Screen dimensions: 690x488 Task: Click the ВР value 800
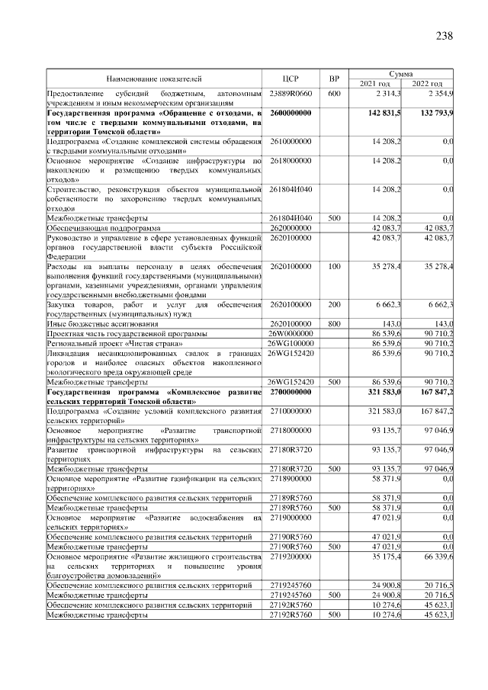coord(333,323)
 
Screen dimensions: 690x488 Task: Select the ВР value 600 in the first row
coord(333,93)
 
